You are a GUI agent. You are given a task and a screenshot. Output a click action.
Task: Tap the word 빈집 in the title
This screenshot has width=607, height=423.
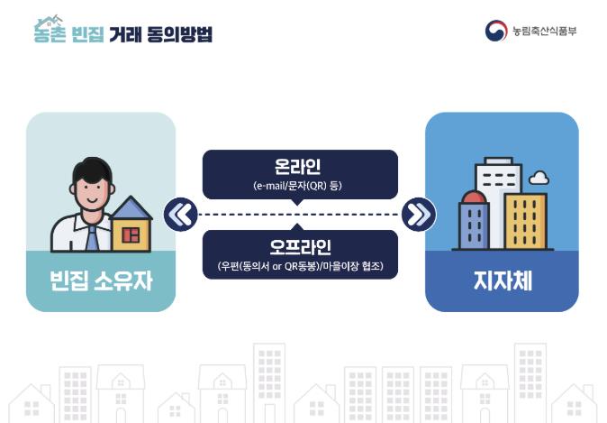[88, 34]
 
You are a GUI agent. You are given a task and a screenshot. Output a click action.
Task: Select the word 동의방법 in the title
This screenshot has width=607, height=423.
[179, 34]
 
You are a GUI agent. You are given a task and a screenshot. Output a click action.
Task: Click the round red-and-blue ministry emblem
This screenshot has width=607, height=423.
[496, 31]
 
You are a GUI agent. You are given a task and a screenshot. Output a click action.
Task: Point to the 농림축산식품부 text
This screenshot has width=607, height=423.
[544, 31]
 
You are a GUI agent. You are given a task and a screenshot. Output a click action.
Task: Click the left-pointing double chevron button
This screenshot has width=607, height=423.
[181, 215]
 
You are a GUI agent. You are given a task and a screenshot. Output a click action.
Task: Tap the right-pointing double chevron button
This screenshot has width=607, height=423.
[419, 215]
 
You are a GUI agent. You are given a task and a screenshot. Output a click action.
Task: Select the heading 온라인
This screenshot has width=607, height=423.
[298, 166]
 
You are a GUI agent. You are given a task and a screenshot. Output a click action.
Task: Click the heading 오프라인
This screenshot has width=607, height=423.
[300, 247]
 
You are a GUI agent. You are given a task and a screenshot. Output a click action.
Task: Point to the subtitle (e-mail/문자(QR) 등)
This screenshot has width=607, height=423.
[298, 186]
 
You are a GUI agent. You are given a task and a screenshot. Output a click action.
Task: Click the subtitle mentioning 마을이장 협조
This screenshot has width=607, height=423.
[301, 266]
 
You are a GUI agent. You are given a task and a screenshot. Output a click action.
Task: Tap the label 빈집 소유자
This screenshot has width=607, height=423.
[101, 280]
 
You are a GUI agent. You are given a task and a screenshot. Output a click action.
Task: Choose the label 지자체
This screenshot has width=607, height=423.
[503, 280]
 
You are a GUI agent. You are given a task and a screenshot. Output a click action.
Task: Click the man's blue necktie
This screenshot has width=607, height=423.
[92, 238]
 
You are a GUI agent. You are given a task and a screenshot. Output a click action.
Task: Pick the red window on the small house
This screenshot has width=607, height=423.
[131, 235]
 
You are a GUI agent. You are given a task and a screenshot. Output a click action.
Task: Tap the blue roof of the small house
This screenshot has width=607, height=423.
[131, 207]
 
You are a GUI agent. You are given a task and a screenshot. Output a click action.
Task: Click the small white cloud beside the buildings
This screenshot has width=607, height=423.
[539, 178]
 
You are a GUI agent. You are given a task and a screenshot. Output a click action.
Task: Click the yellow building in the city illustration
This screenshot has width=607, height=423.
[526, 221]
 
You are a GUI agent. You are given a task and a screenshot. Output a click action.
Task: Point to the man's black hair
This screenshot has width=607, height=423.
[92, 169]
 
